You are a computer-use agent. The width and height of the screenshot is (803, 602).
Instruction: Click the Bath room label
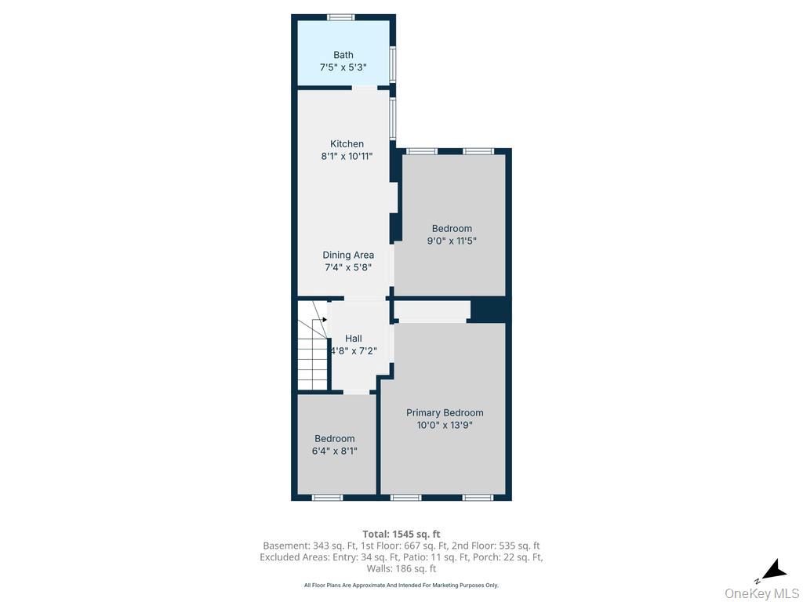[343, 55]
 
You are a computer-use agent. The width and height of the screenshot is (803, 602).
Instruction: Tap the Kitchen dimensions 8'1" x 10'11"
[347, 156]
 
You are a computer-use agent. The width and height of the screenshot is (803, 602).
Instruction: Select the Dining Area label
[348, 255]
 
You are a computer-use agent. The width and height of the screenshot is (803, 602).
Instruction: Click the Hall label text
[354, 339]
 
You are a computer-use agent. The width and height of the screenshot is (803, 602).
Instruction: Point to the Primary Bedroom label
[445, 412]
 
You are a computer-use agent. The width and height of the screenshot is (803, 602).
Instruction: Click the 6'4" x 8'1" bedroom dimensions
[334, 451]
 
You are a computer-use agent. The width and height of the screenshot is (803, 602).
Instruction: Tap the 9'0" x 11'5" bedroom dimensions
[452, 241]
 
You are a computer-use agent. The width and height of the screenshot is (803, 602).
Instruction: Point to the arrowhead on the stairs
[325, 320]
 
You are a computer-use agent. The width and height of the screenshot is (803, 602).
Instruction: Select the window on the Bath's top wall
[341, 17]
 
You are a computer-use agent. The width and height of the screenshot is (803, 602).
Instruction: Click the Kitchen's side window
[393, 118]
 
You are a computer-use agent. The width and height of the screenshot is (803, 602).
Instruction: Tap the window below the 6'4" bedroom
[327, 497]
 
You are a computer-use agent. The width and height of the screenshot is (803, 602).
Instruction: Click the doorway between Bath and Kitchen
[364, 88]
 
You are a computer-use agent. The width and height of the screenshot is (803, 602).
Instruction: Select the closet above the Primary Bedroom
[432, 311]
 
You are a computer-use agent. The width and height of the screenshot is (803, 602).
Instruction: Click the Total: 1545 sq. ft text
[401, 535]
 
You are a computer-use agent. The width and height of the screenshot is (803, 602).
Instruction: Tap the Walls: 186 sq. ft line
[401, 568]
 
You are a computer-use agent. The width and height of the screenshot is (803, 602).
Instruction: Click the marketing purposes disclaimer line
[401, 585]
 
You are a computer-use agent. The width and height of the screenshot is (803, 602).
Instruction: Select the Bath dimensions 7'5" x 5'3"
[343, 67]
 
